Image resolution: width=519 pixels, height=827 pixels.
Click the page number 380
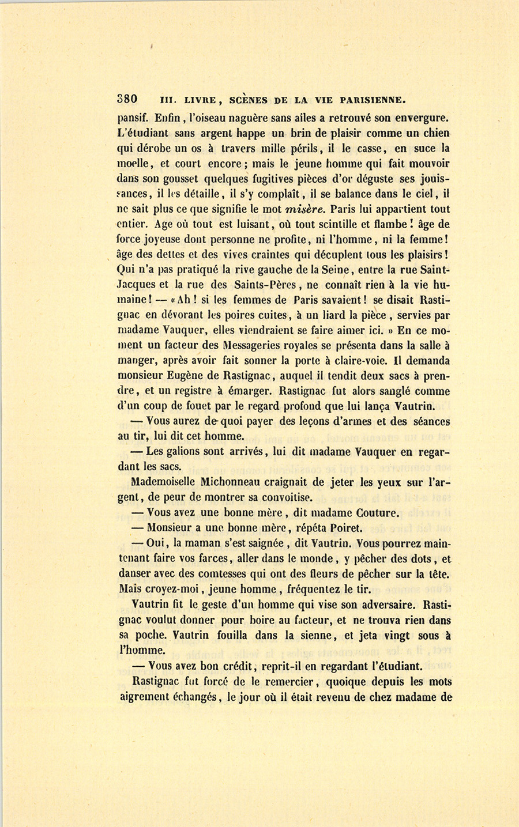point(127,98)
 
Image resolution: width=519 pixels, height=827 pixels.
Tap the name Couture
point(377,512)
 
